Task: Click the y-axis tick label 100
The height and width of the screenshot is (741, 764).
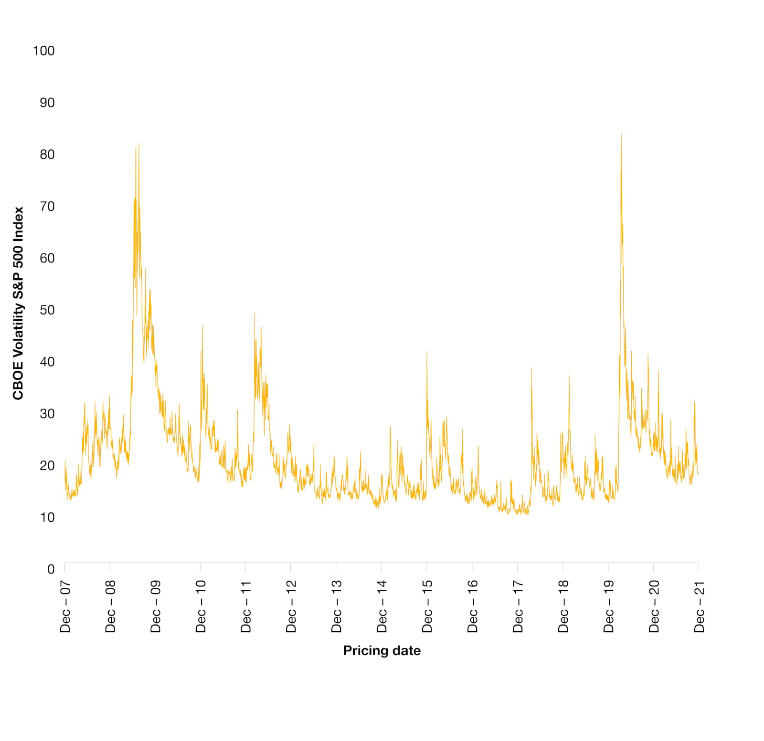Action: pyautogui.click(x=43, y=51)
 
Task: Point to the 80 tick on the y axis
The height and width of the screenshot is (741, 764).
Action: pyautogui.click(x=47, y=155)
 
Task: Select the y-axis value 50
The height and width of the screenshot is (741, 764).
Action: pyautogui.click(x=47, y=310)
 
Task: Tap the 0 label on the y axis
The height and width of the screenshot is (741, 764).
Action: pyautogui.click(x=51, y=569)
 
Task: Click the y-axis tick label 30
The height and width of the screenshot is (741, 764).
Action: pyautogui.click(x=47, y=414)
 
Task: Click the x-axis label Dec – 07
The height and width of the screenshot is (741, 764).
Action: pyautogui.click(x=65, y=606)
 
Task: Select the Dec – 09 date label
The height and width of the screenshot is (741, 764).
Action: pyautogui.click(x=156, y=606)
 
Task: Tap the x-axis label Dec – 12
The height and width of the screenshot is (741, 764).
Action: pyautogui.click(x=291, y=606)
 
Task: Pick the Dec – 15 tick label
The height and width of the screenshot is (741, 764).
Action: pyautogui.click(x=427, y=606)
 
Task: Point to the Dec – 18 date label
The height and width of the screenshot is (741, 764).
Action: pyautogui.click(x=563, y=606)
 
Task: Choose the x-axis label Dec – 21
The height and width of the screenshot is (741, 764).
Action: pyautogui.click(x=700, y=606)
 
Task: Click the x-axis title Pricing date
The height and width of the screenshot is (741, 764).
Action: pyautogui.click(x=382, y=651)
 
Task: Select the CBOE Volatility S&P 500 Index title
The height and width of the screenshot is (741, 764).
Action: pyautogui.click(x=18, y=303)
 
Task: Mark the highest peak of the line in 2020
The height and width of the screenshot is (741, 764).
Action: pyautogui.click(x=621, y=134)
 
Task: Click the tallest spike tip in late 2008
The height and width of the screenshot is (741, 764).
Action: pyautogui.click(x=139, y=144)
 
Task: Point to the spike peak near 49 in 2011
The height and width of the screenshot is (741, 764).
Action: pyautogui.click(x=254, y=313)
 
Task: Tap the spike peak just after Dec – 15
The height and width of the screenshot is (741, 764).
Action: pyautogui.click(x=427, y=352)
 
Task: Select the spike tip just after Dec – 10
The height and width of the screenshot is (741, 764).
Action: pyautogui.click(x=202, y=325)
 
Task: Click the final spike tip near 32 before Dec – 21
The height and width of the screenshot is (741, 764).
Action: pyautogui.click(x=694, y=401)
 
